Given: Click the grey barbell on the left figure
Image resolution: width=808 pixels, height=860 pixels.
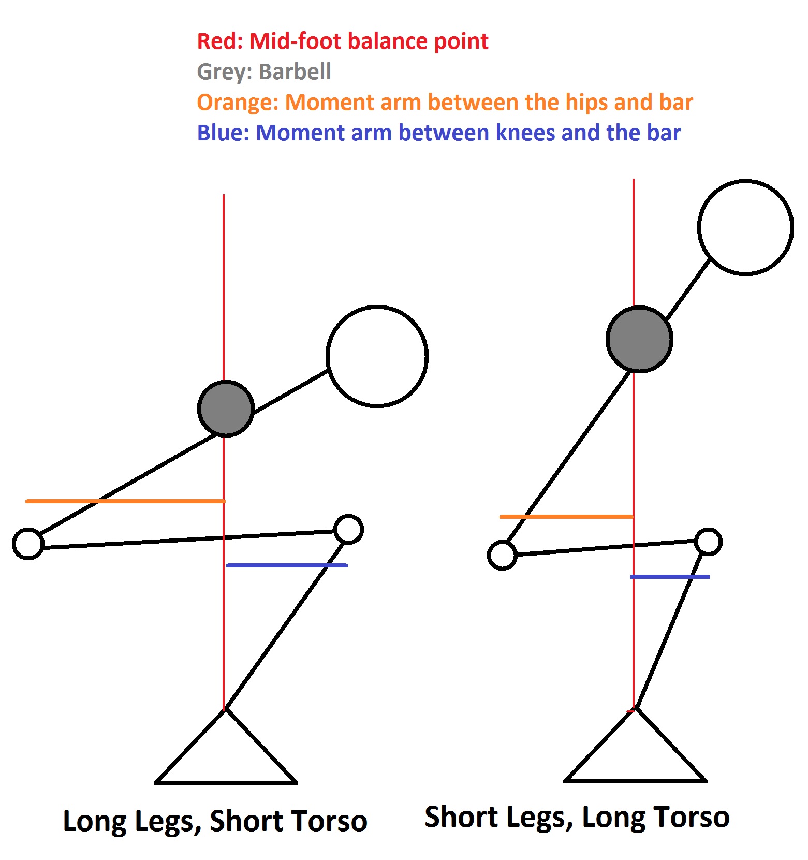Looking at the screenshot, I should pyautogui.click(x=226, y=409).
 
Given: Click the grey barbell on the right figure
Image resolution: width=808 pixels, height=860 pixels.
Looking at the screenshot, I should pyautogui.click(x=639, y=339).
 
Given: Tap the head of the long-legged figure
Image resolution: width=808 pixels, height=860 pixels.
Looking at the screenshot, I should pyautogui.click(x=377, y=356).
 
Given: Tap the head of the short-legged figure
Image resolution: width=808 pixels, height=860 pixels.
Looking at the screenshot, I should pyautogui.click(x=745, y=227).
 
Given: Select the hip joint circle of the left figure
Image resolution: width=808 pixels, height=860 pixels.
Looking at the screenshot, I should pyautogui.click(x=28, y=544).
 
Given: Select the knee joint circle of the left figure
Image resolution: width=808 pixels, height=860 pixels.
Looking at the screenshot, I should pyautogui.click(x=348, y=529).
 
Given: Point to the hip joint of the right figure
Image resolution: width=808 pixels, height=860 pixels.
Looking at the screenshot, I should pyautogui.click(x=502, y=555).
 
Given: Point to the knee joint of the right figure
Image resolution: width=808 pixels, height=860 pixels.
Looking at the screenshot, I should pyautogui.click(x=708, y=542).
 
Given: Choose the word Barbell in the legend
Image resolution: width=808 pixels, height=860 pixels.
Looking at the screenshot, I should pyautogui.click(x=295, y=71).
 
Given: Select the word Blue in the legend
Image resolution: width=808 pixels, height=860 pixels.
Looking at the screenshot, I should pyautogui.click(x=220, y=133).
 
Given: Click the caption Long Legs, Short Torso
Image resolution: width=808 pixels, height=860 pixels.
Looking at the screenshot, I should pyautogui.click(x=215, y=821).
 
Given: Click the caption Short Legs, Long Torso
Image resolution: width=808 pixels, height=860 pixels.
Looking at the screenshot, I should pyautogui.click(x=577, y=817).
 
